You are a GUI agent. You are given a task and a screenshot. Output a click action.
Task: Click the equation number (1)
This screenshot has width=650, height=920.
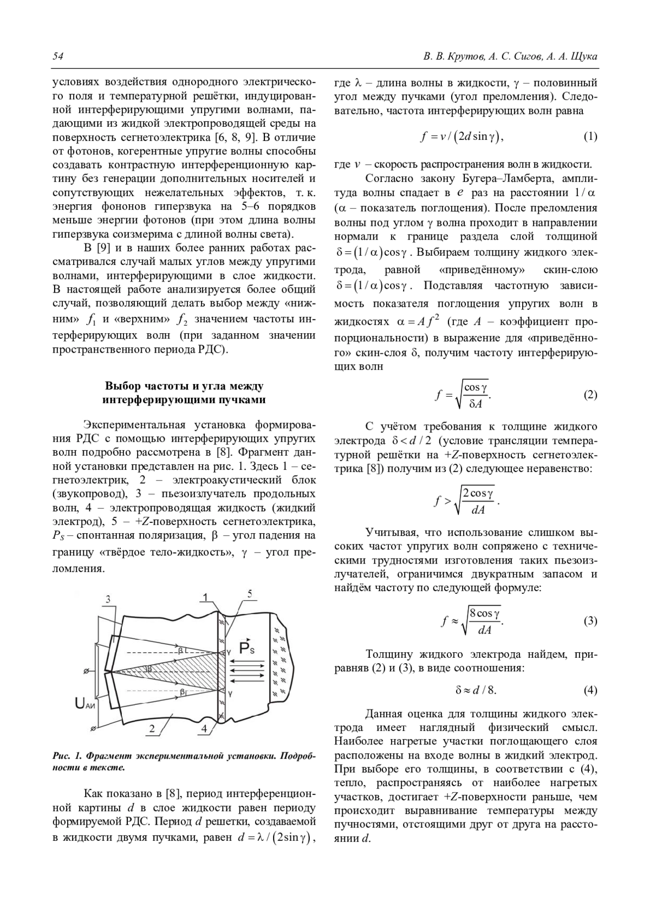click(590, 136)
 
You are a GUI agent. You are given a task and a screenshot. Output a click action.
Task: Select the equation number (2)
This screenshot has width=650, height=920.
click(590, 394)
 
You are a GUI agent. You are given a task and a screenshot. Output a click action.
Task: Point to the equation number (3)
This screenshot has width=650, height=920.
click(590, 621)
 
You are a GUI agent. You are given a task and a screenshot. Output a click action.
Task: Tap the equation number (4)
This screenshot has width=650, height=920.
click(590, 690)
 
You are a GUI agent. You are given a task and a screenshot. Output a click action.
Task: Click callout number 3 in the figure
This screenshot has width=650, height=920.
click(108, 599)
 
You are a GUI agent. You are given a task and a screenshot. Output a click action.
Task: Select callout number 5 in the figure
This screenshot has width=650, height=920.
click(249, 594)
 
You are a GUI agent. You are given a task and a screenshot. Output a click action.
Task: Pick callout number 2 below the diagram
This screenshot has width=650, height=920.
click(152, 729)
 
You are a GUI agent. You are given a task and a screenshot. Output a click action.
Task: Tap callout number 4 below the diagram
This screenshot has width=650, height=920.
click(204, 729)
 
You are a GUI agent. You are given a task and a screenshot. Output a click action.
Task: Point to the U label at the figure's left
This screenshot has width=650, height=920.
click(81, 704)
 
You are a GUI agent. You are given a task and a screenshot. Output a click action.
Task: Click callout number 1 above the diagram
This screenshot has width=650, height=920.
click(205, 598)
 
